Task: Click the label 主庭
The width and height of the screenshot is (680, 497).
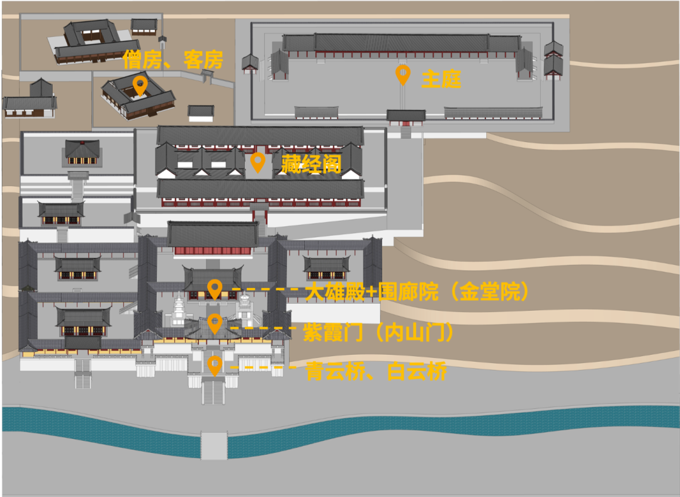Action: (x=441, y=79)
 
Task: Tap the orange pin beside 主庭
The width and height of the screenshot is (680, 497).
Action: (x=403, y=74)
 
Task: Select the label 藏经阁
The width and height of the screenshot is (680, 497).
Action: (x=311, y=165)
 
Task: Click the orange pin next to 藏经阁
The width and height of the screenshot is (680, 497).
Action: (x=257, y=162)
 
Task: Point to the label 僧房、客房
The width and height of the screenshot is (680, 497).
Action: (x=173, y=60)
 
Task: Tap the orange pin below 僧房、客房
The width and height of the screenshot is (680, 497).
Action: (x=140, y=85)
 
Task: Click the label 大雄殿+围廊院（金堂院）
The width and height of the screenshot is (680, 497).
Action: (x=416, y=292)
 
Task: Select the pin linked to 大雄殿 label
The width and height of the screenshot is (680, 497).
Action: (x=215, y=289)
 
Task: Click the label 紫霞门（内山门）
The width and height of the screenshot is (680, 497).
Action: (x=378, y=332)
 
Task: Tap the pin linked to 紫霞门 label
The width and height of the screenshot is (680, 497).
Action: (x=215, y=323)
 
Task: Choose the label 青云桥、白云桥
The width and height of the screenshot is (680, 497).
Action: (x=377, y=372)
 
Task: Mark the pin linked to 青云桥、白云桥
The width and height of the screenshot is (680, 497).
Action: (x=215, y=365)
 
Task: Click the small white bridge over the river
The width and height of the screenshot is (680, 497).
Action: (x=214, y=445)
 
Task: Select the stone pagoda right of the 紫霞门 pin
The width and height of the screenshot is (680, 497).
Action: (x=245, y=310)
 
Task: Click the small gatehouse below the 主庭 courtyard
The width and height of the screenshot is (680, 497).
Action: (x=405, y=117)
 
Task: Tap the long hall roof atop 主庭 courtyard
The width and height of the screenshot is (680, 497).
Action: (x=401, y=43)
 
